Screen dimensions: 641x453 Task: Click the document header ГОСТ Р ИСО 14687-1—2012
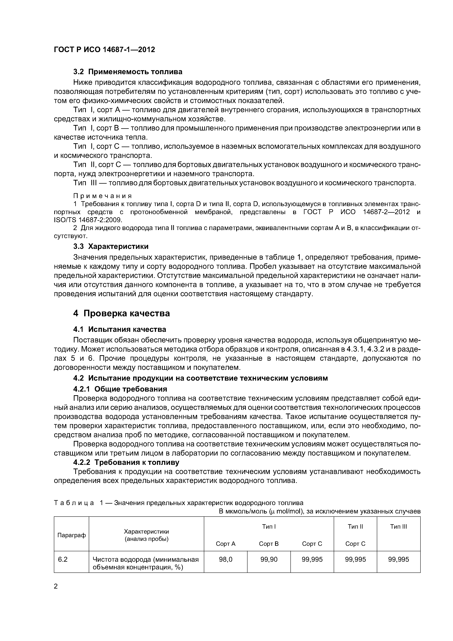point(104,50)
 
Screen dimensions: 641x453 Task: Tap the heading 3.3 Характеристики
point(111,246)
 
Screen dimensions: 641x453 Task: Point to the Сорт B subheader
point(269,544)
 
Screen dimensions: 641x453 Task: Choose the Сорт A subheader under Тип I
point(226,544)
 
